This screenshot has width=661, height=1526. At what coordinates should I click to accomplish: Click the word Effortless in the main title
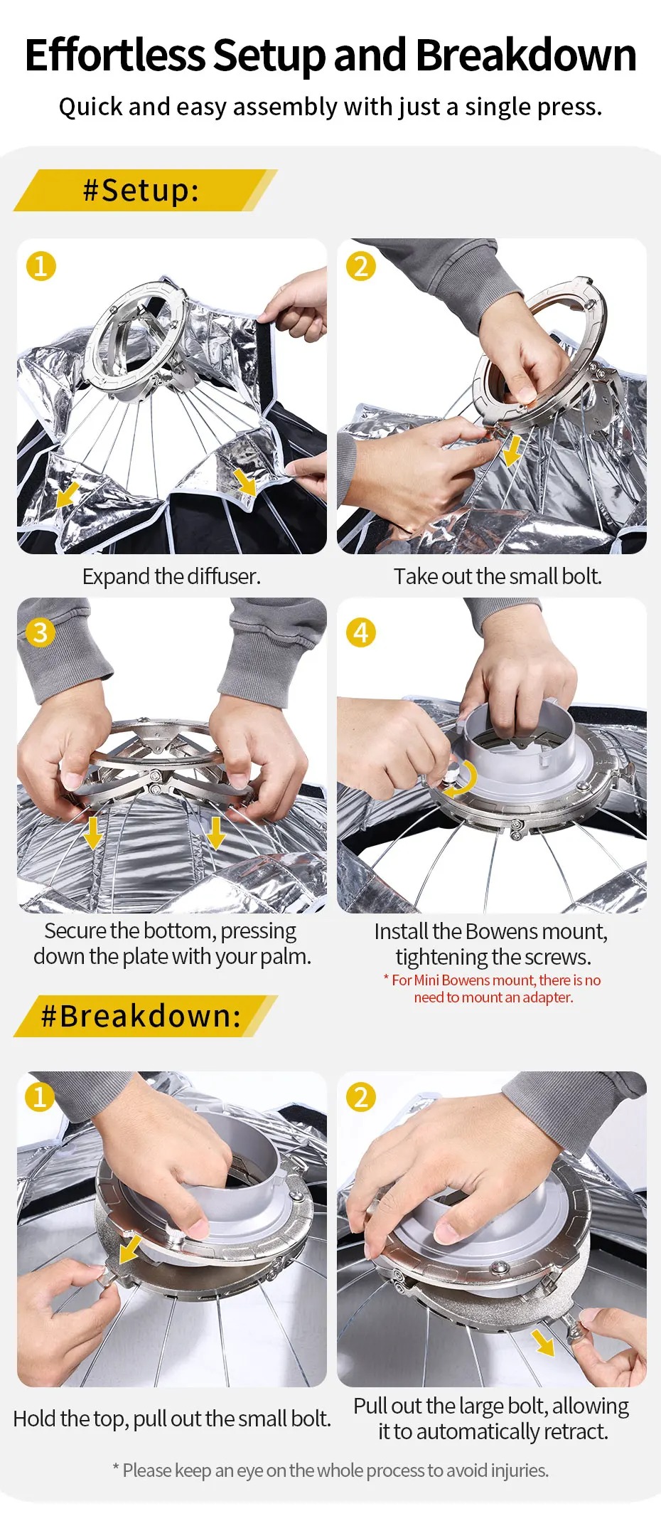(x=115, y=55)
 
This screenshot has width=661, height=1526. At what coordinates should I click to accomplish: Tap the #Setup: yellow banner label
(x=141, y=190)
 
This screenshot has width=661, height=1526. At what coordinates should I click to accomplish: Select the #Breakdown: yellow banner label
(x=141, y=1016)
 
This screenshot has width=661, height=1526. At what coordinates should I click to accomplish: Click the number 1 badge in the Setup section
(x=41, y=266)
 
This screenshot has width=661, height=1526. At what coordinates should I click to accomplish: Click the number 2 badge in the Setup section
(x=360, y=266)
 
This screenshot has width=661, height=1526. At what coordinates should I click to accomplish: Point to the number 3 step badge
(x=41, y=632)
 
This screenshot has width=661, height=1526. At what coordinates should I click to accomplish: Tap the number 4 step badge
(x=360, y=632)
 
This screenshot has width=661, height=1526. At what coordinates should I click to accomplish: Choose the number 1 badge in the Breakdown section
(x=41, y=1096)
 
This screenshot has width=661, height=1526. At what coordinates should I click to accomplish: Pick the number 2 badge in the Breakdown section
(x=360, y=1096)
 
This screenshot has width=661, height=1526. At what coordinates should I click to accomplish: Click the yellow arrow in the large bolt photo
(x=543, y=1342)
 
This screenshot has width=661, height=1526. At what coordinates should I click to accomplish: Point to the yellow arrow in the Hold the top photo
(x=129, y=1249)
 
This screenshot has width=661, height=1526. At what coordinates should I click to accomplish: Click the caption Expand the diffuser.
(x=171, y=576)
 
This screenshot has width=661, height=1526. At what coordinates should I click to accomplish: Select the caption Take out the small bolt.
(x=498, y=576)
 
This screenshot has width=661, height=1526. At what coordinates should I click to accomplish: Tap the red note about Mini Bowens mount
(x=493, y=988)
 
